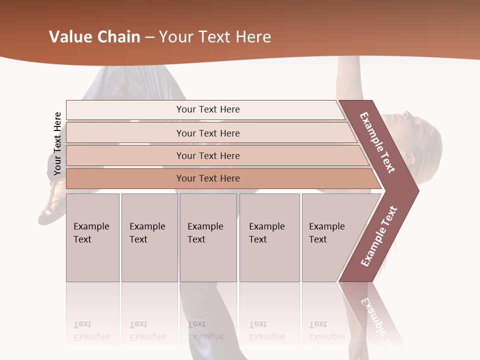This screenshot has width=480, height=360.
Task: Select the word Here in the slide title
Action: tap(253, 37)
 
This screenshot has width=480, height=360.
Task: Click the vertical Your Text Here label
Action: tap(57, 143)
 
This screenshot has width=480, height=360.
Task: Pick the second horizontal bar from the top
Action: tap(208, 133)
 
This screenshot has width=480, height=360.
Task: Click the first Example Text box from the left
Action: tap(92, 237)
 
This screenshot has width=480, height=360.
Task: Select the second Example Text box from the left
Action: tap(149, 237)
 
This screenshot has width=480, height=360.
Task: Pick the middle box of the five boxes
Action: tap(208, 237)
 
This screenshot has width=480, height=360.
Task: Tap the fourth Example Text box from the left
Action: tap(269, 237)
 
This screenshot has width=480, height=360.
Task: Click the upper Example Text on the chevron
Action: tap(377, 142)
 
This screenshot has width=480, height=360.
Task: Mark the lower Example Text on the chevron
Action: tap(379, 236)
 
